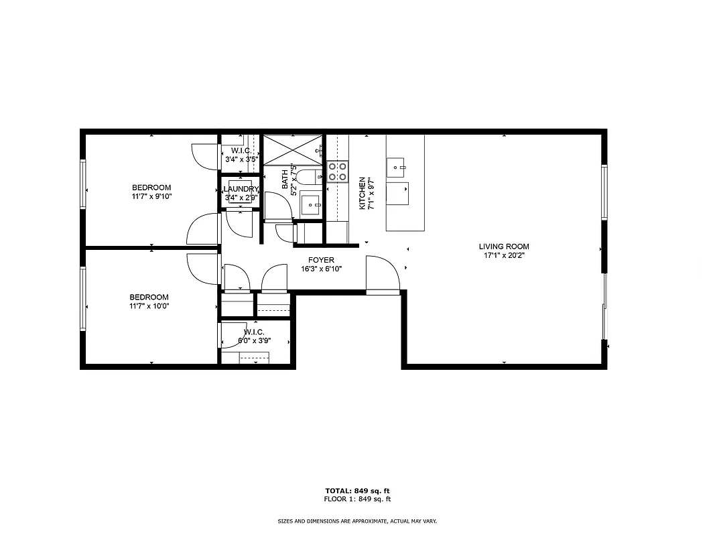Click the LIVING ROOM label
pos(503,247)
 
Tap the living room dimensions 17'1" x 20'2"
pos(503,255)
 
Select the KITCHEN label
pos(362,194)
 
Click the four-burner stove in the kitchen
pos(338,172)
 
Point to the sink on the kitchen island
pos(397,165)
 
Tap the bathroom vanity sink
pos(310,205)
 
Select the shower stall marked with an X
pos(292,149)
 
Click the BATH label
pos(285,179)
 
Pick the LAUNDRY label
pos(241,190)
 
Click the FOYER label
pos(321,260)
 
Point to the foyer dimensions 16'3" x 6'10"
pos(321,269)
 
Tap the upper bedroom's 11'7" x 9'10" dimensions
pos(151,197)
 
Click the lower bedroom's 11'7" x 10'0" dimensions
pos(149,306)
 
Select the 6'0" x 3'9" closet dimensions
pos(254,340)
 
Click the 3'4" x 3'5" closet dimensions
pos(241,159)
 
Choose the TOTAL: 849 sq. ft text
pos(357,490)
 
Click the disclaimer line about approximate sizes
pos(357,521)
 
